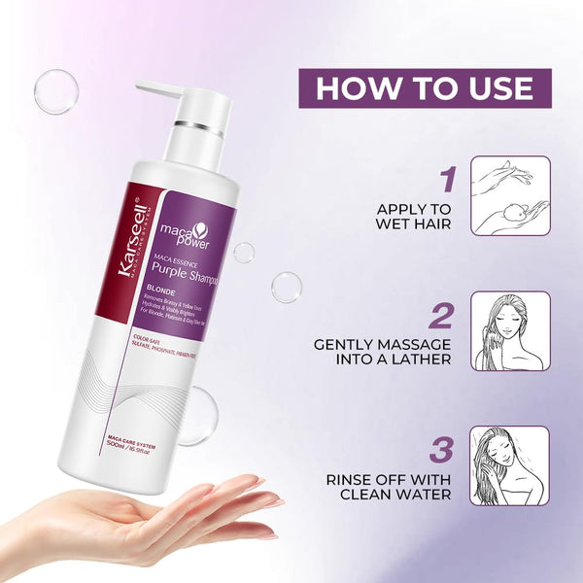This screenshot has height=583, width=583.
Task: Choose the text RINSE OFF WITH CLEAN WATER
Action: click(x=389, y=486)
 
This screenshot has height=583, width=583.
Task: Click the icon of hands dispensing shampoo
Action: click(x=510, y=196)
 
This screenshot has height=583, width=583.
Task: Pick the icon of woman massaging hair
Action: click(x=510, y=330)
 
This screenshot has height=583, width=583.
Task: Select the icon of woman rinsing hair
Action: click(x=510, y=465)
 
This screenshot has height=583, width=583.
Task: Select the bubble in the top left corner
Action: click(x=55, y=92)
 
